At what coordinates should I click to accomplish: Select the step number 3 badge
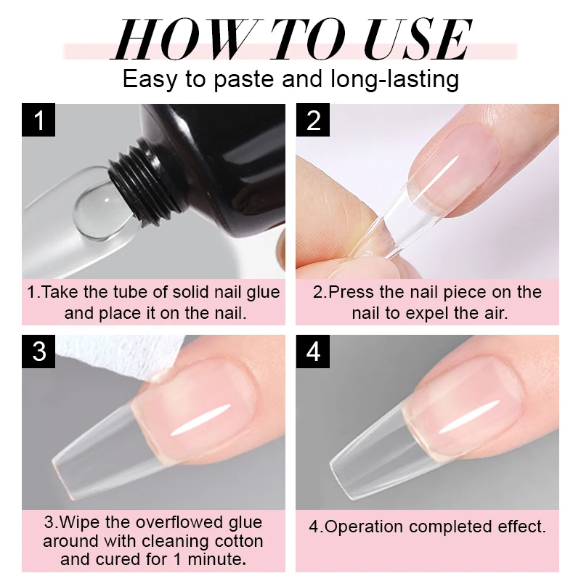pos(39,352)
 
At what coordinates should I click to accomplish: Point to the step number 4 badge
pos(313,352)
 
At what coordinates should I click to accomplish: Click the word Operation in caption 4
pos(368,527)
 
